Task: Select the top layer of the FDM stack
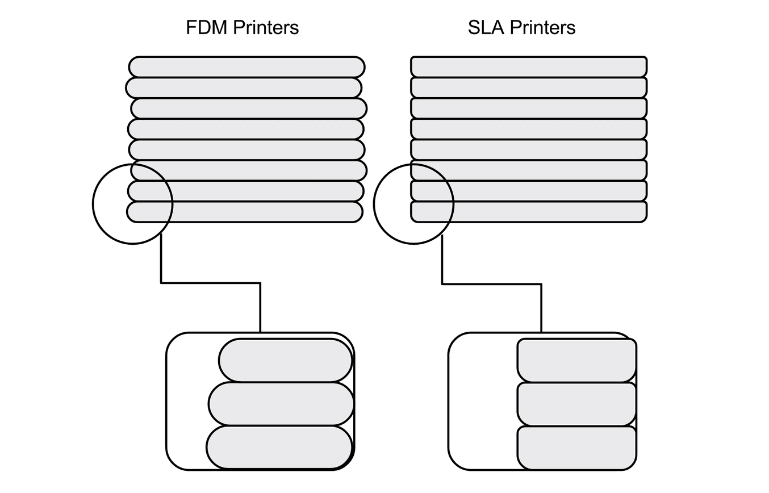tap(246, 67)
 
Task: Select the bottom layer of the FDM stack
tap(244, 212)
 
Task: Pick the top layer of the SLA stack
tap(529, 67)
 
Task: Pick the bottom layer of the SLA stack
tap(529, 212)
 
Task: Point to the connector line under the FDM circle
tap(210, 282)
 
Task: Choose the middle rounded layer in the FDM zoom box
tap(281, 404)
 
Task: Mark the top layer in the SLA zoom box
tap(576, 361)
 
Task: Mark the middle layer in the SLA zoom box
tap(576, 404)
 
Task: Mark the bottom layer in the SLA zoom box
tap(576, 448)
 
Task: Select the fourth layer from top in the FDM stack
tap(245, 129)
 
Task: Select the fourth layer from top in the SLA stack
tap(529, 129)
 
